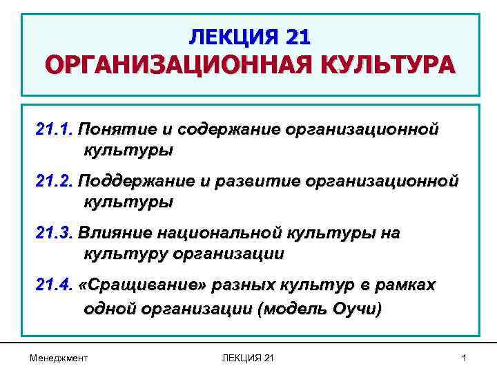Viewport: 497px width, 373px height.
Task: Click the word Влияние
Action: click(x=115, y=233)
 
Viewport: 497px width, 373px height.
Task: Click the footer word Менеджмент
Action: click(x=59, y=358)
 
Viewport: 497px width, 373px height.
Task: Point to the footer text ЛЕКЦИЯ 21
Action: click(x=248, y=358)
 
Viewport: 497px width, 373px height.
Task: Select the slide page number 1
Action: click(x=465, y=358)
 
